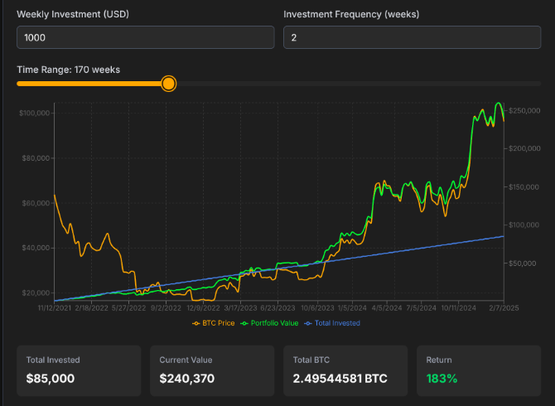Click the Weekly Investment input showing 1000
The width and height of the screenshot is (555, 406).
coord(145,37)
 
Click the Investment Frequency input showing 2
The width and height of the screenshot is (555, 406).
coord(412,37)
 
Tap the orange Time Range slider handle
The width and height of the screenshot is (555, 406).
coord(168,84)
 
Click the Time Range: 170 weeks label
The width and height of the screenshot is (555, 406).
coord(68,70)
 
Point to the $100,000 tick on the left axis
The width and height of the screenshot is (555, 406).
coord(36,113)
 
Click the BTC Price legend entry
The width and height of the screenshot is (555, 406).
coord(214,323)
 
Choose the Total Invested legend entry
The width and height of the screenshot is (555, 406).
coord(333,323)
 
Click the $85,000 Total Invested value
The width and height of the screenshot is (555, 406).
coord(51,379)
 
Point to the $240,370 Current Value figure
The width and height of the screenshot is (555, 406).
coord(186,379)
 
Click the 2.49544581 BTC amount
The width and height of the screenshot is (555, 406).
coord(340,379)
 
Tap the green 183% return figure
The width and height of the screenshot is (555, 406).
coord(442,379)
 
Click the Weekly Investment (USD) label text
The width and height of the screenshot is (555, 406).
coord(73,15)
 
